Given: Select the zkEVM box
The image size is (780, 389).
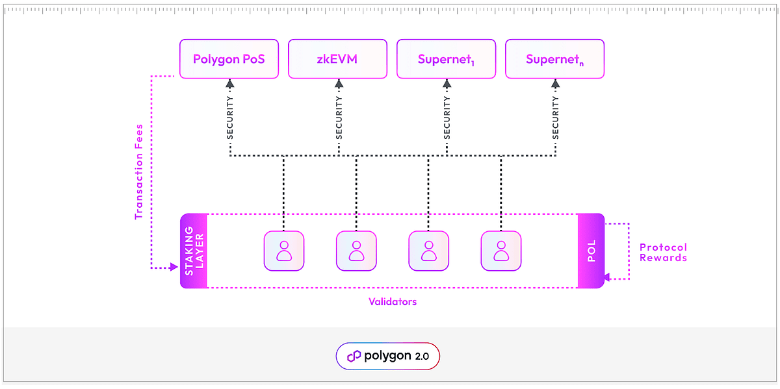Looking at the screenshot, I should coord(337,59).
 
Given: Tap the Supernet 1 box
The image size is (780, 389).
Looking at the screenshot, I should coord(446,59).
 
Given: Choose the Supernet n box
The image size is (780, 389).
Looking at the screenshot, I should coord(554,59).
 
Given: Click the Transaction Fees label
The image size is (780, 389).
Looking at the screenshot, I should coord(138,171).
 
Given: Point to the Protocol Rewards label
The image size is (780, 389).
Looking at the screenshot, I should coord(663,252).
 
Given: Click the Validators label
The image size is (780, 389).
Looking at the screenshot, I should coord(393,302).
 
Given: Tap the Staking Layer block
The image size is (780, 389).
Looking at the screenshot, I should coord(194,251).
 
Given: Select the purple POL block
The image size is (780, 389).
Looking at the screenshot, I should coord(591,251).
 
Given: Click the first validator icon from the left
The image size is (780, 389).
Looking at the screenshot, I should coord(284,251).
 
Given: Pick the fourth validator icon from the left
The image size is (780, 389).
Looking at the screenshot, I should coord(501,251).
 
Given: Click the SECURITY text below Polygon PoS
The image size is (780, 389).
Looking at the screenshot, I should coord(230,118).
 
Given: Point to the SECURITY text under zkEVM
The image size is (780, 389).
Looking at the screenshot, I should coord(339,118).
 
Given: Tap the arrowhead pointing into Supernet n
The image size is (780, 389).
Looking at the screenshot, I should coord(555,83).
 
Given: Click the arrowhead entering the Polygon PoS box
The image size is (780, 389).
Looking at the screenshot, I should coord(229,83).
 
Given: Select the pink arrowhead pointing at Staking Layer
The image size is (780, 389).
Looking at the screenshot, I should coord(174,267).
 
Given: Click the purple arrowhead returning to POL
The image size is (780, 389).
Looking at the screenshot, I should coord(606,277).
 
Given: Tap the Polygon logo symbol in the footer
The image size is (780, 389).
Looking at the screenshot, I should coord(354,356).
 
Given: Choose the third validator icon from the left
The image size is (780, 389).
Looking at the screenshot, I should coord(429,251).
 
